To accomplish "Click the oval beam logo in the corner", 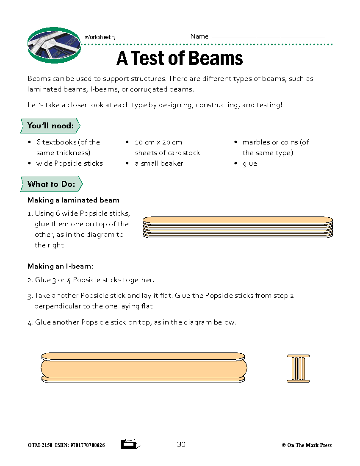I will [54, 45].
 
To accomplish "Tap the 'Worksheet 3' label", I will [100, 37].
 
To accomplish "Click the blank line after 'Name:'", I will [268, 37].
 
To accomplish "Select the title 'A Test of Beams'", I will [180, 58].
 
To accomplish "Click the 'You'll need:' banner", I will [50, 125].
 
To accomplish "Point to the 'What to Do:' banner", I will [51, 184].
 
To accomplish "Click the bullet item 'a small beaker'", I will [159, 164].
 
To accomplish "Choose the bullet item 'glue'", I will [249, 164].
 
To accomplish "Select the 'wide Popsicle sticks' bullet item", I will [69, 164].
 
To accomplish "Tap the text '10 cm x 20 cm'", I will [158, 142].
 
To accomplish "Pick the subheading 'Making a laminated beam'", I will [73, 200].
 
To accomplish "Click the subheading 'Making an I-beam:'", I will [60, 266].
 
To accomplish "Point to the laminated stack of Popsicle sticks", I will [238, 227].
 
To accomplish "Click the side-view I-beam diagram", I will [144, 368].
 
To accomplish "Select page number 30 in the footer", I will [181, 444].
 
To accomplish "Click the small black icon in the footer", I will [129, 444].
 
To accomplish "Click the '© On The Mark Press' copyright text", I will [307, 445].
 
